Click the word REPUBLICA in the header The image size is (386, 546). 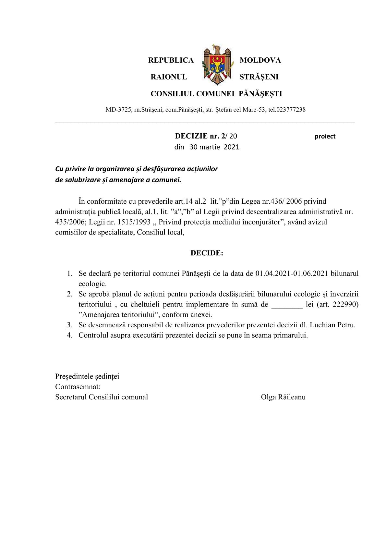pyautogui.click(x=171, y=60)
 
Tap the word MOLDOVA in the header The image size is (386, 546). pyautogui.click(x=260, y=60)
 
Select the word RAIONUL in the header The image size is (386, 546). pyautogui.click(x=169, y=77)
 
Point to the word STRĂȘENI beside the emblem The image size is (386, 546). pyautogui.click(x=259, y=77)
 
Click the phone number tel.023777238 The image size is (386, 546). pyautogui.click(x=287, y=110)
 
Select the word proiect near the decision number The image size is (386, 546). pyautogui.click(x=325, y=137)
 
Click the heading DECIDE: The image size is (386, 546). pyautogui.click(x=207, y=253)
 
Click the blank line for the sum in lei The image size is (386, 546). pyautogui.click(x=286, y=305)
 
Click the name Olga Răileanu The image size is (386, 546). pyautogui.click(x=283, y=397)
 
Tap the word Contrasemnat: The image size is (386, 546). pyautogui.click(x=78, y=387)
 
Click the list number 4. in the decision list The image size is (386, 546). pyautogui.click(x=69, y=335)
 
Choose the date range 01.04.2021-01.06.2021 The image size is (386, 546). pyautogui.click(x=291, y=273)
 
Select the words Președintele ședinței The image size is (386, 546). pyautogui.click(x=87, y=376)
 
